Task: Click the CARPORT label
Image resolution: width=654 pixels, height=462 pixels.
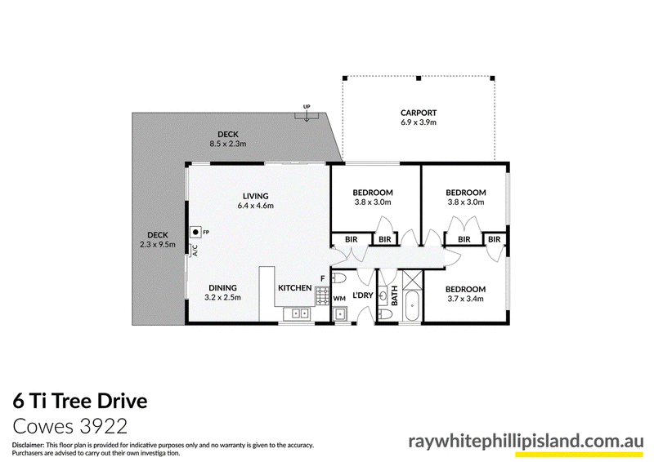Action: (x=419, y=113)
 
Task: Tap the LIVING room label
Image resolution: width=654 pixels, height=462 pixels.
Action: (x=256, y=196)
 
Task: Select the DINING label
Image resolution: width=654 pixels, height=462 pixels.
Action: (x=222, y=287)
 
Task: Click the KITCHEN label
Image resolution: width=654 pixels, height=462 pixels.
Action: (x=295, y=288)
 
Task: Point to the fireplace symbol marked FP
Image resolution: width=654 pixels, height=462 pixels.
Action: (x=195, y=232)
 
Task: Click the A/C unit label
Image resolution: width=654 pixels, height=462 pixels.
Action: (x=195, y=251)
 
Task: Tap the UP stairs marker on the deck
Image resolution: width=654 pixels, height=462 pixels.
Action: (x=307, y=107)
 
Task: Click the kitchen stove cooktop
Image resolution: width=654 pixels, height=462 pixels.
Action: (x=322, y=296)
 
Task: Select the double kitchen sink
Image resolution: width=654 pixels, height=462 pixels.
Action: (x=297, y=313)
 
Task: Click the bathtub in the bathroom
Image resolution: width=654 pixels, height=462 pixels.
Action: (x=412, y=306)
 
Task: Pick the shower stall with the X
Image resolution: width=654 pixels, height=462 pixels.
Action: (x=412, y=280)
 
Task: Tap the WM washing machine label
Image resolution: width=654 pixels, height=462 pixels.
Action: (x=339, y=299)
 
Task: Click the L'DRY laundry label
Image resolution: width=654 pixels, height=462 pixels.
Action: (x=362, y=295)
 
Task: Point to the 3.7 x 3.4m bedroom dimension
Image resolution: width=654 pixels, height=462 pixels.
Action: (x=465, y=299)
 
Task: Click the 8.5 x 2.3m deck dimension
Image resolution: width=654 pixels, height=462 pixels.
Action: (x=228, y=144)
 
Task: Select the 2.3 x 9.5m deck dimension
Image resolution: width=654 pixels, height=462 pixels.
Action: (x=158, y=245)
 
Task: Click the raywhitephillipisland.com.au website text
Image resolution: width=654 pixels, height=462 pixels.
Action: (x=526, y=441)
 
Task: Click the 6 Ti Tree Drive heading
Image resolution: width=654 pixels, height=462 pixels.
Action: (x=80, y=401)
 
